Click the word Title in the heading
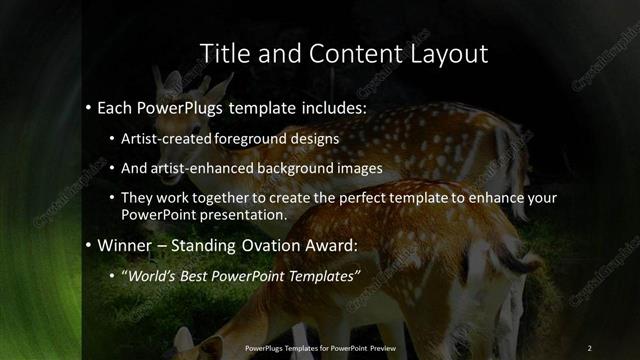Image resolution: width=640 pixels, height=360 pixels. coord(224,53)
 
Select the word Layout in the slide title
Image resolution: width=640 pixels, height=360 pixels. coord(447,54)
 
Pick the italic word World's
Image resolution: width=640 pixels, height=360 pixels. coord(147,276)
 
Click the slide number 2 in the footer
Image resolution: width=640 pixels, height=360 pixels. coord(590,347)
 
